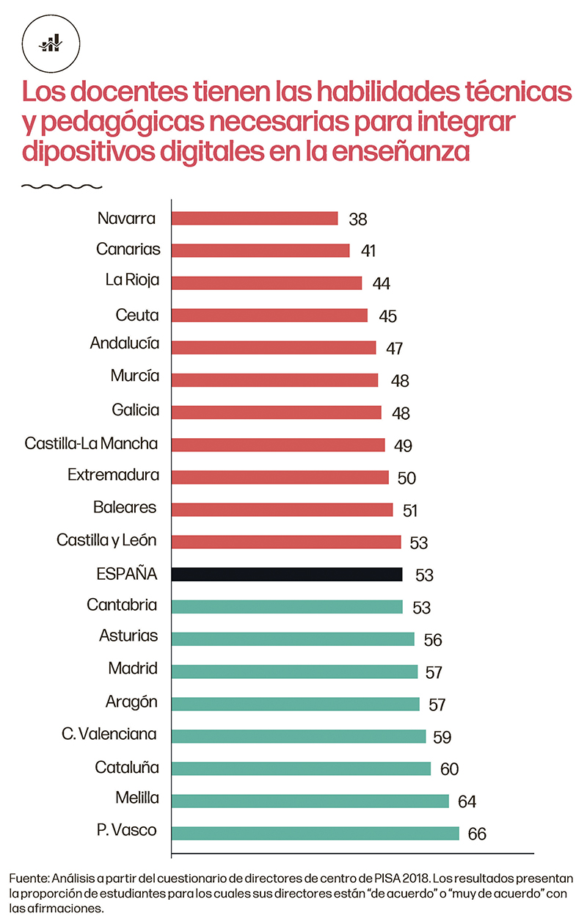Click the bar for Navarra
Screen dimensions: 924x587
coord(255,218)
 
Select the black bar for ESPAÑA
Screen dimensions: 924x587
coord(287,574)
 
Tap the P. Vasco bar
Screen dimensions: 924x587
coord(315,833)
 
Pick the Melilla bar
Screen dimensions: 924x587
coord(310,801)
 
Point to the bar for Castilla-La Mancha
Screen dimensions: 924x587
coord(278,445)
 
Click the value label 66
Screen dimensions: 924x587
coord(478,834)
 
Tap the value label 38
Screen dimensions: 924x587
coord(357,219)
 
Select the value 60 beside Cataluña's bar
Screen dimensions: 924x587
coord(449,769)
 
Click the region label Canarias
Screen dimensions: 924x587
coord(128,249)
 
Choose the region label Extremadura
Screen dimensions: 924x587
coord(113,475)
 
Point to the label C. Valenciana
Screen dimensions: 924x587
coord(109,735)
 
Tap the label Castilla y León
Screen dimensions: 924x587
coord(108,541)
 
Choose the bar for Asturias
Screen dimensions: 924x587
coord(293,639)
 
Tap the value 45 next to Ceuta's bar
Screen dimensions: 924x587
coord(387,316)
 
